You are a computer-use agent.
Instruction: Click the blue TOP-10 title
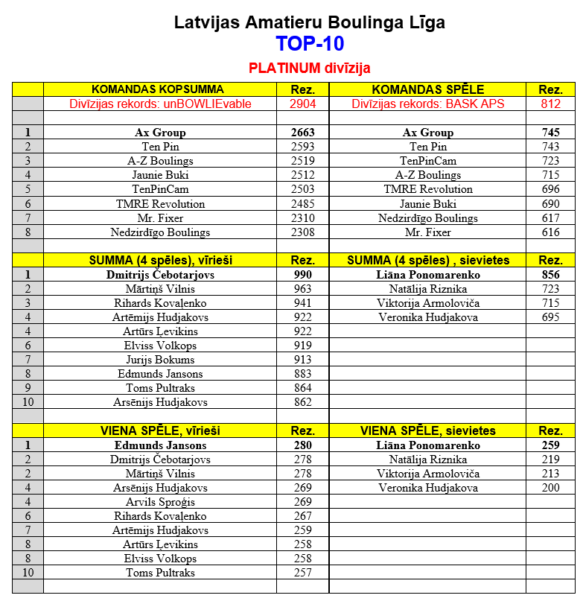click(x=309, y=44)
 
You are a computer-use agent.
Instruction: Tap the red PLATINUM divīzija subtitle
click(x=309, y=69)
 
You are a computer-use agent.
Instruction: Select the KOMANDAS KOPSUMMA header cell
click(x=159, y=89)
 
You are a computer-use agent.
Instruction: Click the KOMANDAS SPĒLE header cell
click(x=427, y=89)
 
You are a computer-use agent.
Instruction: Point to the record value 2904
click(x=302, y=104)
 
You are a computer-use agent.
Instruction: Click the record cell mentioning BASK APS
click(x=427, y=104)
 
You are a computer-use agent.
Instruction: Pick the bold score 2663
click(x=302, y=133)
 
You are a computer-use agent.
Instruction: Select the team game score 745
click(x=550, y=133)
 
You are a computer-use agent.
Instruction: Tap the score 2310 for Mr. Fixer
click(x=302, y=218)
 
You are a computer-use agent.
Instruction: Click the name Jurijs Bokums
click(x=159, y=360)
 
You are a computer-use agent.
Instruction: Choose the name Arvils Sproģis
click(x=159, y=502)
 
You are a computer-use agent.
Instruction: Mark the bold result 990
click(x=302, y=275)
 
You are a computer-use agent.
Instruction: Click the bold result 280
click(x=302, y=445)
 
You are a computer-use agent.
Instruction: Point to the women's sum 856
click(x=550, y=275)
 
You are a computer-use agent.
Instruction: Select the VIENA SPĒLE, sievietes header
click(x=427, y=430)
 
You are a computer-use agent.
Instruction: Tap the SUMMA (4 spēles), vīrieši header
click(x=159, y=260)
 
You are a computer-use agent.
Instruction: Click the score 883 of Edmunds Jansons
click(x=302, y=374)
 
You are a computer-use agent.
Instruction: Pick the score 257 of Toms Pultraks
click(x=302, y=573)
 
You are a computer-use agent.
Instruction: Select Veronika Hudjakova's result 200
click(x=550, y=488)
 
